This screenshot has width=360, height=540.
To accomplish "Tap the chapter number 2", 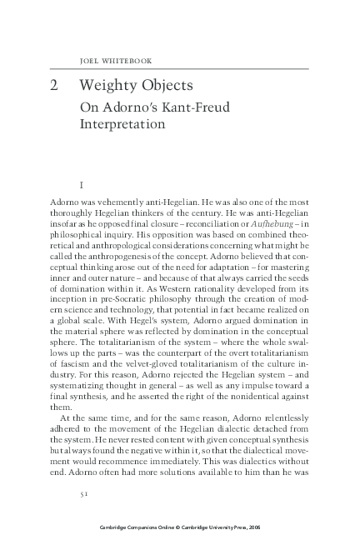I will (53, 86).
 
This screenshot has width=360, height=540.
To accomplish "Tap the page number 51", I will (84, 493).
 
